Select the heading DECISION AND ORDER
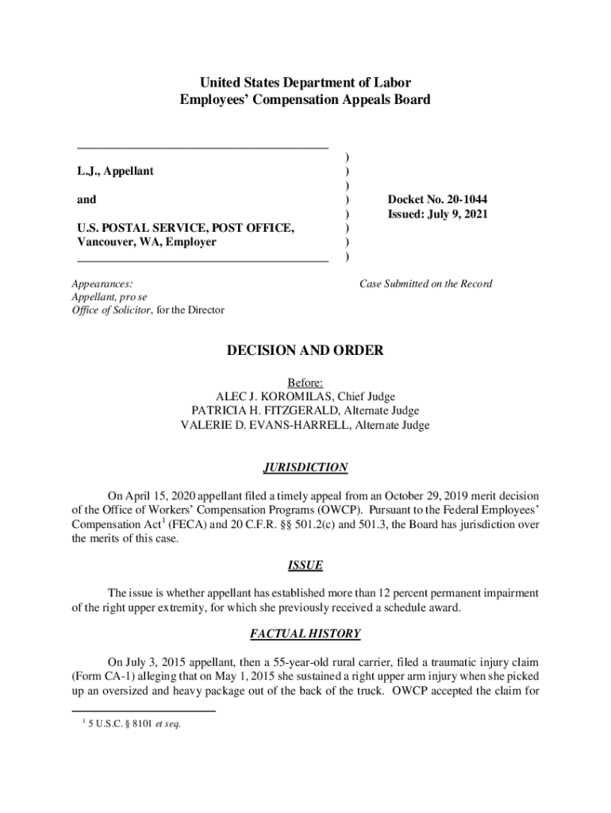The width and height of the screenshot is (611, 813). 305,350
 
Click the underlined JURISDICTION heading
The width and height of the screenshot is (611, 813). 305,468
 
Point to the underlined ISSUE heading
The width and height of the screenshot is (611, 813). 305,565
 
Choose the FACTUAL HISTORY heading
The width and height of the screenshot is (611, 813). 305,634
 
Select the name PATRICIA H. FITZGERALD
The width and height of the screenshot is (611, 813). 261,410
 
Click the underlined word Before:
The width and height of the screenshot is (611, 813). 305,382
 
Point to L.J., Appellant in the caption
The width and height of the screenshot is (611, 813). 115,171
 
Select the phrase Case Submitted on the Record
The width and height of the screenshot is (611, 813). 426,283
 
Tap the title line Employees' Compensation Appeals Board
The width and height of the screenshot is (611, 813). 305,99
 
